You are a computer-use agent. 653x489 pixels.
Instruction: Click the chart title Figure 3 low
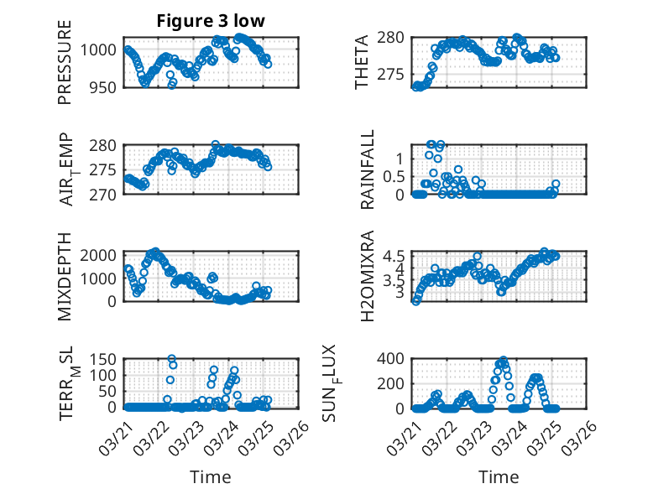(x=211, y=22)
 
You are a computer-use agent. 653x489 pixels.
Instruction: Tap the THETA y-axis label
(x=362, y=63)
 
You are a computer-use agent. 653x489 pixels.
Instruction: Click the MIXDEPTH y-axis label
(x=65, y=277)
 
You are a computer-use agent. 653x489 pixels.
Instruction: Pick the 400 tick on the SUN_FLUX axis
(x=397, y=358)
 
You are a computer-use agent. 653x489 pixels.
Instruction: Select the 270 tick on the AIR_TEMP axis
(x=107, y=195)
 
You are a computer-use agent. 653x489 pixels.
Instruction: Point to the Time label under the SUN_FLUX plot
(x=499, y=476)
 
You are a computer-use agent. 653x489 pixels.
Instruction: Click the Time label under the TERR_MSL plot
(x=211, y=476)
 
